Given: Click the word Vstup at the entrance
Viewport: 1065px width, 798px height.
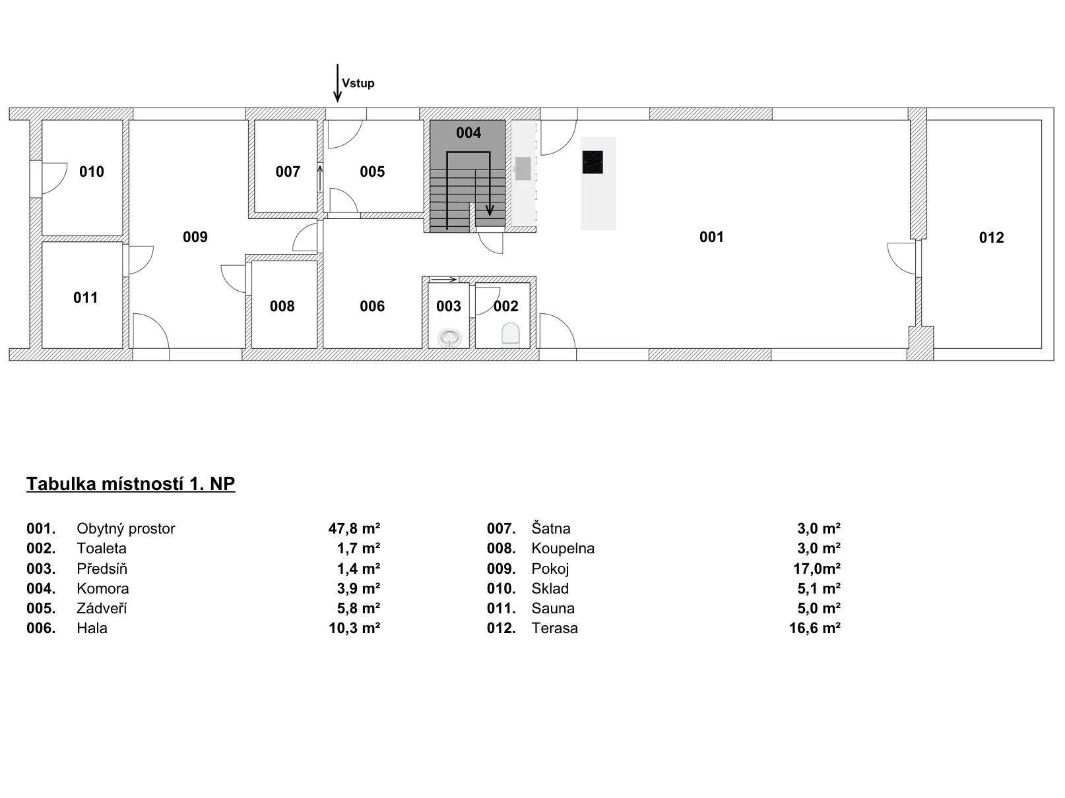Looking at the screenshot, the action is tap(358, 83).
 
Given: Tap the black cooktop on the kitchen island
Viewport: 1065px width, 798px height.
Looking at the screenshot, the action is tap(593, 162).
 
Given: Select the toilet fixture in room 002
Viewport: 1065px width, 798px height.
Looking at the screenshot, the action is tap(511, 334).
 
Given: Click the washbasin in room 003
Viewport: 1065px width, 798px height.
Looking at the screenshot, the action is tap(449, 338).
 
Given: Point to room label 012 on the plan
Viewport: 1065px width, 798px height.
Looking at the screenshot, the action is tap(991, 237).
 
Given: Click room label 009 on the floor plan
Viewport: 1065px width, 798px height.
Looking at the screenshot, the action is tap(195, 237).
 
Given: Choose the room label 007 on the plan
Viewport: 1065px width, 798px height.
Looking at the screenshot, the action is tap(288, 171).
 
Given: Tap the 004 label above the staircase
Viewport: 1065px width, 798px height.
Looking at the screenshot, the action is tap(468, 133).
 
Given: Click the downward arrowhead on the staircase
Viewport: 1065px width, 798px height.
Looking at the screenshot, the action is tap(490, 211).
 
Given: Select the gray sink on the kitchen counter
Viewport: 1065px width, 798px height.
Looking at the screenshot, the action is tap(523, 169).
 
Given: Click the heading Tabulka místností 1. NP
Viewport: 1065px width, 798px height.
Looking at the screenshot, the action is tap(131, 484).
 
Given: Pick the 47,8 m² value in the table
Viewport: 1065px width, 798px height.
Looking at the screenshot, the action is tap(354, 528).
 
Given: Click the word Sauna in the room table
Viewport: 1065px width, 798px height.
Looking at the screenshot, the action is tap(553, 609).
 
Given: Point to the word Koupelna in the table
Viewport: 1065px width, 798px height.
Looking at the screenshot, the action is tap(563, 549).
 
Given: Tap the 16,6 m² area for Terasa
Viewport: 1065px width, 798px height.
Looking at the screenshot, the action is tap(815, 629).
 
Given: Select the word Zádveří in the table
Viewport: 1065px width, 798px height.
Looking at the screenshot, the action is tap(102, 609).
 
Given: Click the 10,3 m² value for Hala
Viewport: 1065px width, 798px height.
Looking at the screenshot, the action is tap(354, 629).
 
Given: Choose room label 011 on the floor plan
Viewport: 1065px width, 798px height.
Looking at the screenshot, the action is tap(85, 297).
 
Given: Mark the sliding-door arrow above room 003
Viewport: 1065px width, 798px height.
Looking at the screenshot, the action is tap(443, 279).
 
